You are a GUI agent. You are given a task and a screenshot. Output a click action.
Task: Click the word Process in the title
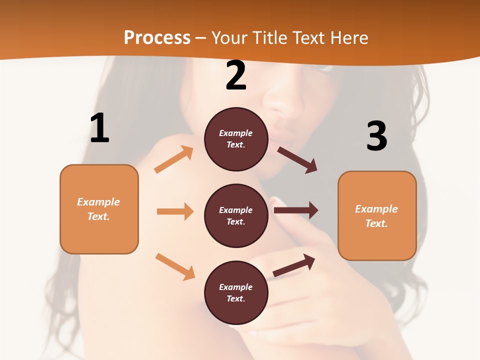click(157, 38)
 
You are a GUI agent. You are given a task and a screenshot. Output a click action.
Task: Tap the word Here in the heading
click(348, 38)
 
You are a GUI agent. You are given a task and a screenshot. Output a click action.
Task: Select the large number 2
click(236, 75)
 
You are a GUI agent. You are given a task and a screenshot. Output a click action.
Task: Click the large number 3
click(376, 136)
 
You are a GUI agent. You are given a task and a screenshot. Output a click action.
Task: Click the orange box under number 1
click(99, 209)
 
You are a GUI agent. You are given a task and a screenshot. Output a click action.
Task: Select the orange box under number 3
click(377, 215)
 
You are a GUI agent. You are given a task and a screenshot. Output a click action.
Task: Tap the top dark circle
click(236, 139)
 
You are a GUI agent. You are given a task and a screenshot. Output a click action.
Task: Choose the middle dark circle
click(236, 215)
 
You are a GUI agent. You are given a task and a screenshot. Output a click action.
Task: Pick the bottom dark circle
click(236, 292)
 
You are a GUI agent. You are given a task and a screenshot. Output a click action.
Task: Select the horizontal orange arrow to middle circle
click(175, 211)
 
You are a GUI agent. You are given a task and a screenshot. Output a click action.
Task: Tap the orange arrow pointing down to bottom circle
click(175, 266)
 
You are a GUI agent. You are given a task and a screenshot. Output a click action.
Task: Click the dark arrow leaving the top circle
click(297, 160)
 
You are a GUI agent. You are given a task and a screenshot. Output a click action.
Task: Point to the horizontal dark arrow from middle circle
click(296, 210)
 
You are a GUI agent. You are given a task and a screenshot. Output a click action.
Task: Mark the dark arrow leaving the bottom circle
click(294, 265)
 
